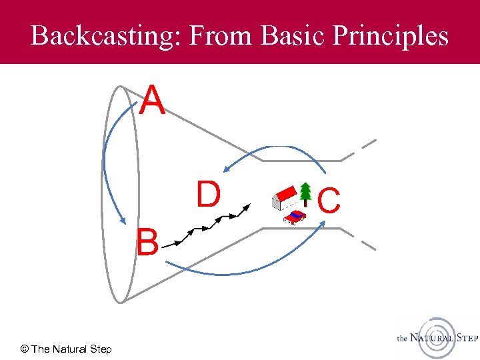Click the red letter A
pyautogui.click(x=153, y=101)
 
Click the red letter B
pyautogui.click(x=147, y=243)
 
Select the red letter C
pyautogui.click(x=329, y=201)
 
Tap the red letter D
pyautogui.click(x=208, y=194)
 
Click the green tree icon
pyautogui.click(x=305, y=193)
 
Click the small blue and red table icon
pyautogui.click(x=294, y=216)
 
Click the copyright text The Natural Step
pyautogui.click(x=66, y=349)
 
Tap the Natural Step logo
pyautogui.click(x=437, y=337)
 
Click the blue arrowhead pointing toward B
pyautogui.click(x=123, y=219)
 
